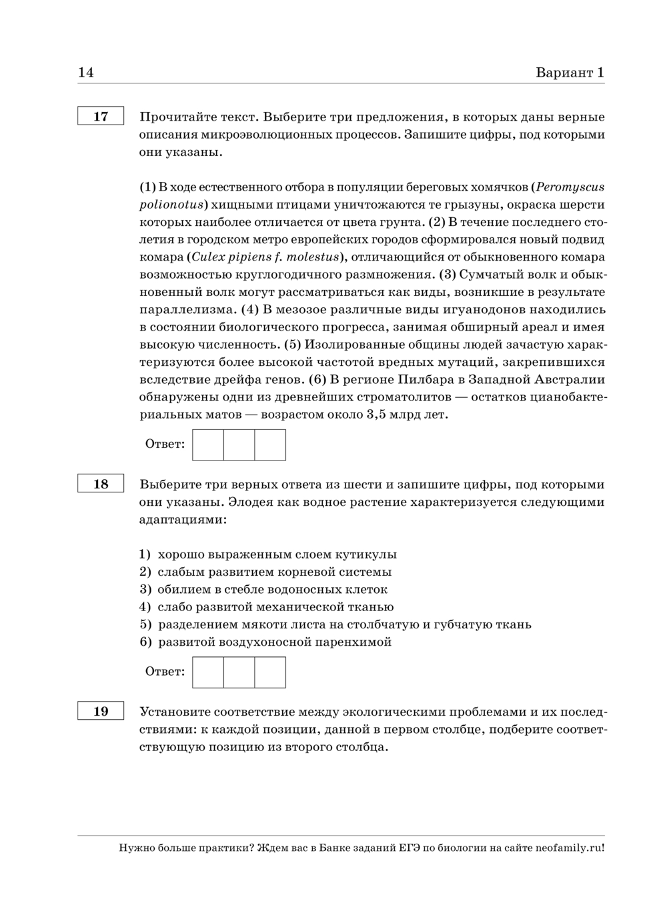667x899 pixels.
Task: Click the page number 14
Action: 86,73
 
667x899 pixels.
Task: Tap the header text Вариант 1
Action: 570,73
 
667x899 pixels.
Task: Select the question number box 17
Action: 101,117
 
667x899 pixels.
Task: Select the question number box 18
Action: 101,484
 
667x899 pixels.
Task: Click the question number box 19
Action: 101,711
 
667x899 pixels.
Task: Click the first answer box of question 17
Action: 208,445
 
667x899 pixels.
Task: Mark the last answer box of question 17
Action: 270,445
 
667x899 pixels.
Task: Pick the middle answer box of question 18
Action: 239,672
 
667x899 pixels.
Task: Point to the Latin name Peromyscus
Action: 570,187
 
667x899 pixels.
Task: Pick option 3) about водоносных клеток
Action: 263,589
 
